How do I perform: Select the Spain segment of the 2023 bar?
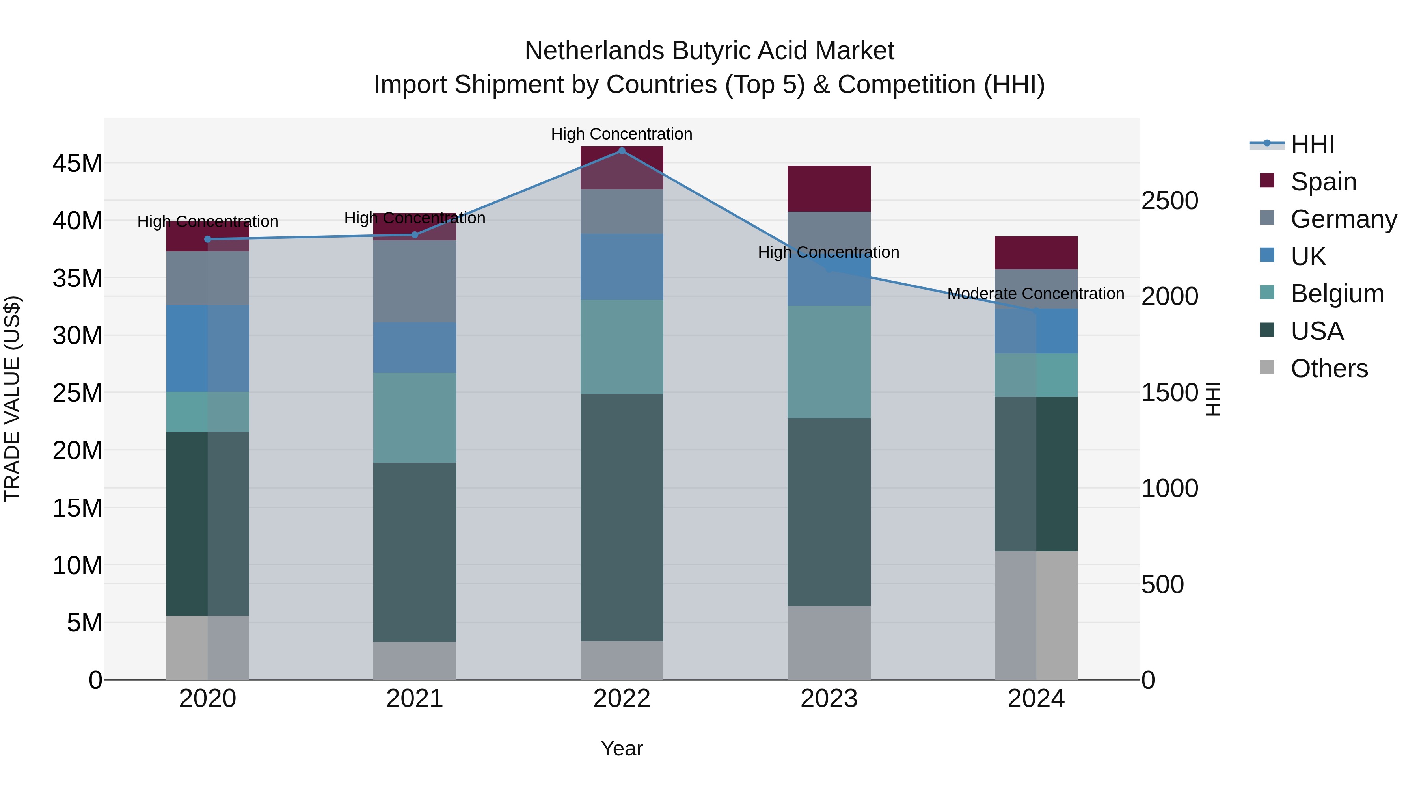click(829, 188)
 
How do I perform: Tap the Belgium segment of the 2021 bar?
click(414, 417)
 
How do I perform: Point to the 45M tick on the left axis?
click(77, 164)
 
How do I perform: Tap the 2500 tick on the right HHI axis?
click(1169, 201)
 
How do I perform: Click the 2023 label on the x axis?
click(829, 699)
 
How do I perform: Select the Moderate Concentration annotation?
click(1035, 294)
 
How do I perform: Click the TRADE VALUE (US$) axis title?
click(12, 399)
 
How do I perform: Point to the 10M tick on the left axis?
click(77, 565)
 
